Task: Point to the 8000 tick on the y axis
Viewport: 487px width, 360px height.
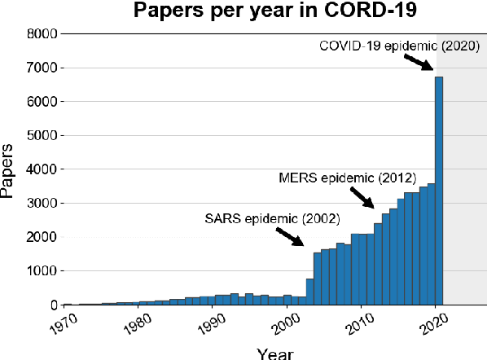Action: point(40,34)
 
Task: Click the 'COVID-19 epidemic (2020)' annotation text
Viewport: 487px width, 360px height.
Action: point(393,46)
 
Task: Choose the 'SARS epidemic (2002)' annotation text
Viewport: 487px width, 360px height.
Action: point(272,218)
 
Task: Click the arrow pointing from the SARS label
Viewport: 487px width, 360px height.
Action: point(290,237)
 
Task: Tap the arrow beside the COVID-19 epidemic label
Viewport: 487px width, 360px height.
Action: point(419,64)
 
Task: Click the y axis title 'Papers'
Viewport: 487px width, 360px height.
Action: point(9,170)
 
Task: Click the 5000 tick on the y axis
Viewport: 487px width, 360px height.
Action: point(40,136)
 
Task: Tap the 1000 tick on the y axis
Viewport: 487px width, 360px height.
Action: point(40,271)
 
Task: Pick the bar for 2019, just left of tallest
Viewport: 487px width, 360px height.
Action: point(432,244)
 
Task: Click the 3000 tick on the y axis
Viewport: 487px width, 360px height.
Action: point(40,204)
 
